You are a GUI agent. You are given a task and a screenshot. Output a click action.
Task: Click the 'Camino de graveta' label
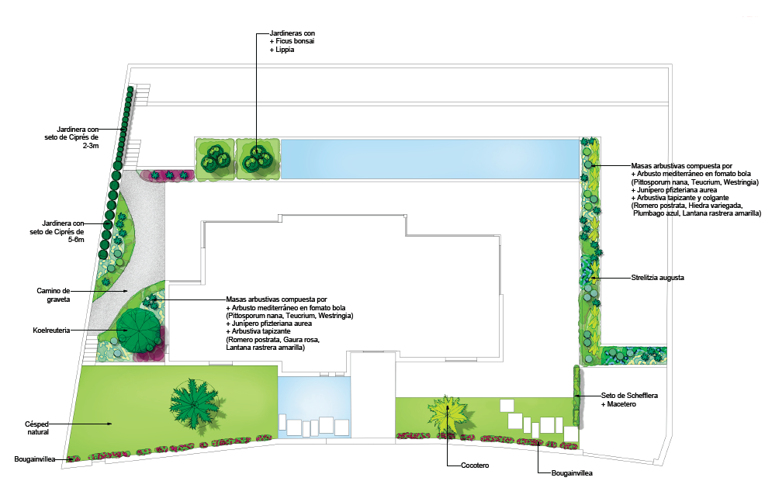pyautogui.click(x=54, y=294)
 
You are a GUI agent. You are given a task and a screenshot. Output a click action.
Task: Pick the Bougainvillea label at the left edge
pyautogui.click(x=33, y=459)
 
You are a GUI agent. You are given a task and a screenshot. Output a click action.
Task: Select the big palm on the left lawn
pyautogui.click(x=192, y=402)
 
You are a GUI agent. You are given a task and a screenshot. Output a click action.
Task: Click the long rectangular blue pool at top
pyautogui.click(x=429, y=159)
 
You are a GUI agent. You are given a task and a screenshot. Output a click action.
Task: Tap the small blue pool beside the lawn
pyautogui.click(x=314, y=405)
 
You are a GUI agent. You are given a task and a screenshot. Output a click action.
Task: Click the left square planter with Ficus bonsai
pyautogui.click(x=214, y=160)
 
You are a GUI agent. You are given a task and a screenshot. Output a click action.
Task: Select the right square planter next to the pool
pyautogui.click(x=257, y=160)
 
